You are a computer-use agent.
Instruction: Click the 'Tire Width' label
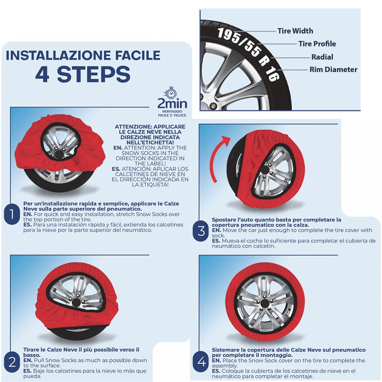[295, 31]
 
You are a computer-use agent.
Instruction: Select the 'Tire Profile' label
[317, 44]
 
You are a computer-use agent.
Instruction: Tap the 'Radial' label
[322, 57]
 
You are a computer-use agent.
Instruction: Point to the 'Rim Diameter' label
[333, 70]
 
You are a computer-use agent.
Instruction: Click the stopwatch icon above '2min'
[170, 93]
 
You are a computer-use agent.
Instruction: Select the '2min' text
[172, 104]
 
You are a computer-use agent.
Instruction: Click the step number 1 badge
[12, 214]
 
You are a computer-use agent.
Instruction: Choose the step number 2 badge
[12, 362]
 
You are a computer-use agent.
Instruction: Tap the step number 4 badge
[201, 362]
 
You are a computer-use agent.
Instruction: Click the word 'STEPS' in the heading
[94, 74]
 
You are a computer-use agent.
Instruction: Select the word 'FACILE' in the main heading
[138, 55]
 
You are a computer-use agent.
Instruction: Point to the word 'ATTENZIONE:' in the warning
[131, 127]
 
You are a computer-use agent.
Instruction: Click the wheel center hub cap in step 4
[265, 304]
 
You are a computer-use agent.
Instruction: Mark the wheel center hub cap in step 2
[76, 303]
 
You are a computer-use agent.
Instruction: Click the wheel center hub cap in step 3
[265, 170]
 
